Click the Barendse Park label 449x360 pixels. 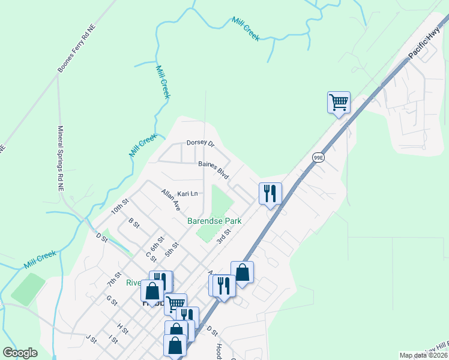214,221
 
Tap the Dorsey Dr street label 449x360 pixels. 200,143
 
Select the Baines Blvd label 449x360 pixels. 214,168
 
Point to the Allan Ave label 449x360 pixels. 171,199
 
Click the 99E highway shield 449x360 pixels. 318,157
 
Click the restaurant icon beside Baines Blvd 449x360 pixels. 270,193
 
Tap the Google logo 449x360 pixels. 20,353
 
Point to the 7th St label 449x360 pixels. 114,279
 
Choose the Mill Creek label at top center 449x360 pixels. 246,28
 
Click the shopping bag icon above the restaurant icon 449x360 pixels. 242,272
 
